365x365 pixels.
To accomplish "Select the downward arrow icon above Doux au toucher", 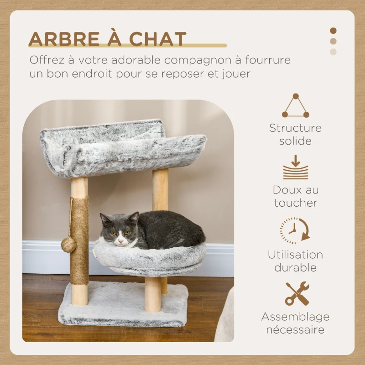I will (295, 167).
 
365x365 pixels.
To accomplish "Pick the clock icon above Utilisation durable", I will (294, 230).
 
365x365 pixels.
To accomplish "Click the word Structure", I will (295, 128).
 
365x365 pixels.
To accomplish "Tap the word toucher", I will (295, 203).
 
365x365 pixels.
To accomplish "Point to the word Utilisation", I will (295, 255).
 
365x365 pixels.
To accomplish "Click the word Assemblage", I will (295, 317).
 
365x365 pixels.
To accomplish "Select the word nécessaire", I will (295, 329).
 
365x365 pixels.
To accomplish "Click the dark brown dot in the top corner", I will (333, 31).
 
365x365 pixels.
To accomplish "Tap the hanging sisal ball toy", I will (69, 245).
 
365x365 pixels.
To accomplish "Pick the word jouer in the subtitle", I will (235, 74).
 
